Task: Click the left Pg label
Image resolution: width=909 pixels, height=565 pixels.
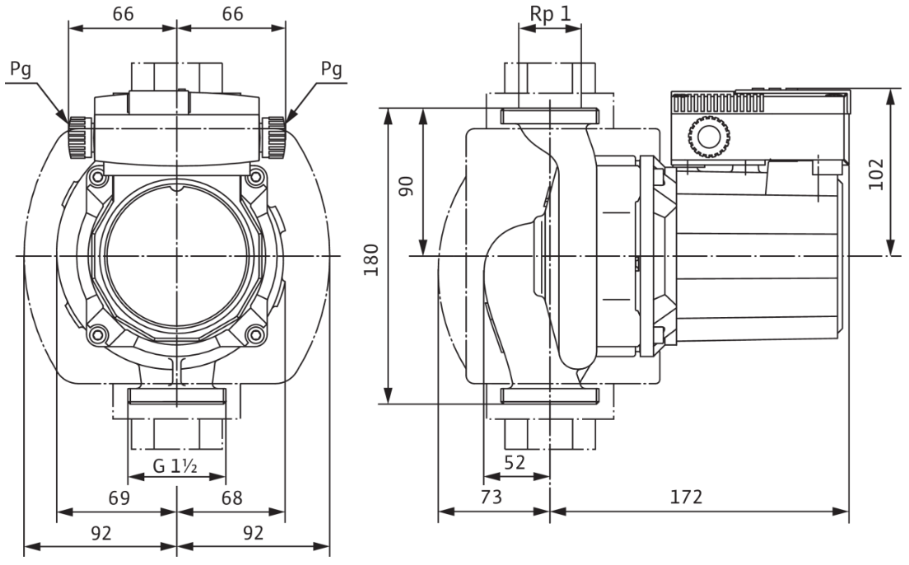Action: tap(21, 71)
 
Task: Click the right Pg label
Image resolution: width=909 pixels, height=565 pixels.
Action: tap(332, 71)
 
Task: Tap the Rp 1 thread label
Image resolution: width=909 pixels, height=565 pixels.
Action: tap(550, 15)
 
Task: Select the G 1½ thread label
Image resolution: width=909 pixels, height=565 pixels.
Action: tap(175, 466)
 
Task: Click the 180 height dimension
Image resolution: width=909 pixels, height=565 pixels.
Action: tap(371, 259)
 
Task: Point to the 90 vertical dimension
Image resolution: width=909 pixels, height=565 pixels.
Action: tap(407, 185)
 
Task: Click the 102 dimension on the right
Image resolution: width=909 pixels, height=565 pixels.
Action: tap(876, 174)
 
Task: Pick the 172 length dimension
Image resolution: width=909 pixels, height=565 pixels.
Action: tap(687, 497)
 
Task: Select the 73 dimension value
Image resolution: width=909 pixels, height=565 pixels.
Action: tap(491, 497)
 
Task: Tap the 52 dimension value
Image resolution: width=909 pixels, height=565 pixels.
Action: tap(515, 462)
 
